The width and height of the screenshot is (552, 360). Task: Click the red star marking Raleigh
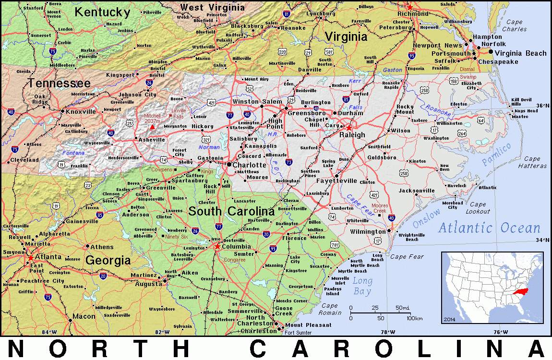pyautogui.click(x=349, y=128)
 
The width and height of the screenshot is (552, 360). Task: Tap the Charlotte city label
pyautogui.click(x=250, y=165)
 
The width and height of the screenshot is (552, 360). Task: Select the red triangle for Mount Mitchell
pyautogui.click(x=152, y=127)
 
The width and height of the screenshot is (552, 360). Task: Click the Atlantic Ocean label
pyautogui.click(x=489, y=228)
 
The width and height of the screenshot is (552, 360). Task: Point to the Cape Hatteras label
pyautogui.click(x=532, y=162)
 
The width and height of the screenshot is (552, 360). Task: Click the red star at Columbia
pyautogui.click(x=217, y=246)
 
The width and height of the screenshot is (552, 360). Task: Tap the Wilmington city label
pyautogui.click(x=368, y=232)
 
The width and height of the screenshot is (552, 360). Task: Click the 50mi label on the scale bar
pyautogui.click(x=402, y=308)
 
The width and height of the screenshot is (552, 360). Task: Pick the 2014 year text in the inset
pyautogui.click(x=450, y=319)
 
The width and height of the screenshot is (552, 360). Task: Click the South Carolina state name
pyautogui.click(x=231, y=211)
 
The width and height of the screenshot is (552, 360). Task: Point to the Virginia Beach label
pyautogui.click(x=521, y=53)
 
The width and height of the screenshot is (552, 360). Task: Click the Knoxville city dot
pyautogui.click(x=62, y=111)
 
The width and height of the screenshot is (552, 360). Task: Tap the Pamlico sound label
pyautogui.click(x=497, y=155)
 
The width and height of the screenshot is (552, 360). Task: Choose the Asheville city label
pyautogui.click(x=152, y=140)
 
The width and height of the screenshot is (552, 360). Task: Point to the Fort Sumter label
pyautogui.click(x=298, y=333)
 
